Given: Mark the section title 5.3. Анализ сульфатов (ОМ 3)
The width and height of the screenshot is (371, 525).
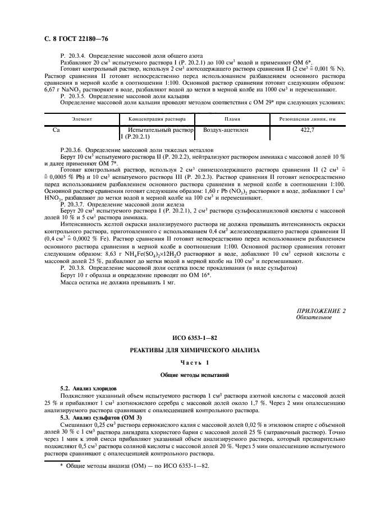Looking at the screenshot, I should coord(98,418).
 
